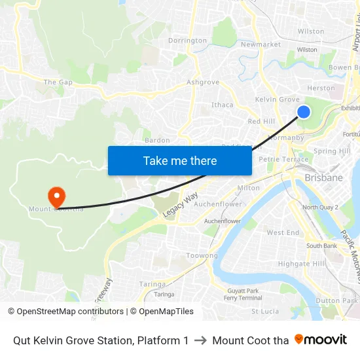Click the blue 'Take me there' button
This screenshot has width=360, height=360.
point(180,160)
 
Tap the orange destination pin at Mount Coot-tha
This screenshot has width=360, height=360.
point(56,196)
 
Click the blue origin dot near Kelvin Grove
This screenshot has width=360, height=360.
point(304,112)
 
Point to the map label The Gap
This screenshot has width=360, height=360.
point(58,82)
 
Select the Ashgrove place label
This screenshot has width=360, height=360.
point(203,82)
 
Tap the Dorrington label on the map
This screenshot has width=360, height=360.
point(187,41)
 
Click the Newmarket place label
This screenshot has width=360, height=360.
point(261,45)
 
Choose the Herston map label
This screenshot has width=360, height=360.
point(321,88)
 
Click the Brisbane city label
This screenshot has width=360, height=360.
point(323,177)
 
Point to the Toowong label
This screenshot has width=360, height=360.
point(202,256)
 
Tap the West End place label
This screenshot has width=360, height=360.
point(283,232)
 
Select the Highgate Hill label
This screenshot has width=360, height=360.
point(302,264)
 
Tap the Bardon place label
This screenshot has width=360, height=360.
point(157,140)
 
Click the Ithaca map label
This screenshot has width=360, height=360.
point(223,105)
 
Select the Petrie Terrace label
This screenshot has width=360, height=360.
point(283,159)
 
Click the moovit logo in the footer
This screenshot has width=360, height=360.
point(321,340)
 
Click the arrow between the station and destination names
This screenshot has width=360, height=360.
point(200,340)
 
